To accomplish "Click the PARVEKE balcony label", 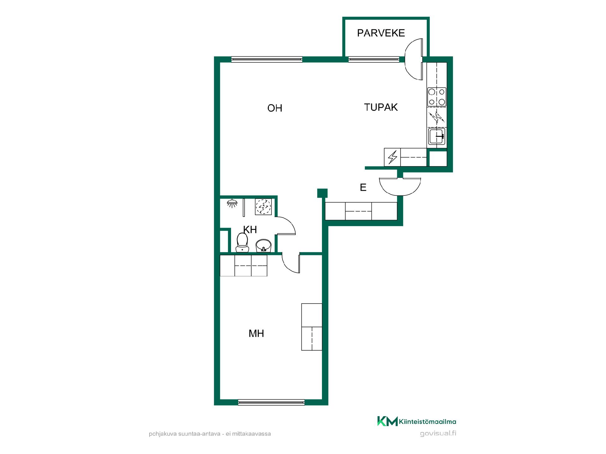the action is click(x=381, y=33).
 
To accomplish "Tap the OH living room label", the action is click(x=275, y=108).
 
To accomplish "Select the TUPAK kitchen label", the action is click(x=381, y=107).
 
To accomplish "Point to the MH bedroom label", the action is click(x=256, y=333).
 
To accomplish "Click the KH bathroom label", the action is click(x=250, y=230).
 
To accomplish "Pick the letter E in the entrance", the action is click(x=363, y=188).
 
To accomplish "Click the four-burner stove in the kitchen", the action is click(x=437, y=97).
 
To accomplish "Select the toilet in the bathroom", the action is click(x=242, y=242).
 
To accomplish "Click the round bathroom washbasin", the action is click(x=263, y=246).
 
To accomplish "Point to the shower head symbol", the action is click(x=232, y=203).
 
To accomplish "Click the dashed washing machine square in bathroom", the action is click(x=263, y=207).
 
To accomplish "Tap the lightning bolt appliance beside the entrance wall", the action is click(x=392, y=157).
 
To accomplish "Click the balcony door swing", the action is click(x=414, y=59).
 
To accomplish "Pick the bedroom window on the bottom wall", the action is click(x=271, y=402).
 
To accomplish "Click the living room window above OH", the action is click(x=267, y=59).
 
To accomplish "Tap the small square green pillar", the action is click(x=322, y=193).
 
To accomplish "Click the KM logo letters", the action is click(x=387, y=421).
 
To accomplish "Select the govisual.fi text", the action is click(x=438, y=434).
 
